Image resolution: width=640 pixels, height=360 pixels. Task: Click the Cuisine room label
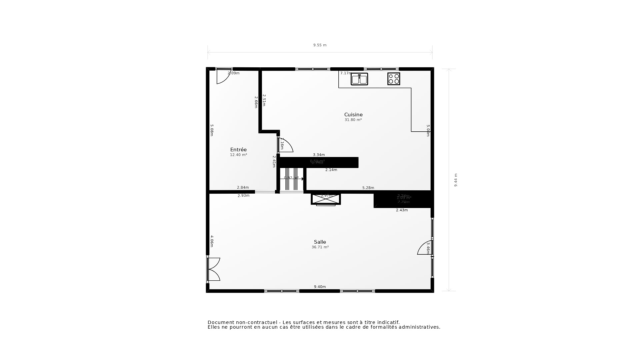[353, 115]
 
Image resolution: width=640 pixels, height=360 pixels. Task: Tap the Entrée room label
[238, 150]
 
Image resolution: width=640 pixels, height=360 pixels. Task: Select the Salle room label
[320, 242]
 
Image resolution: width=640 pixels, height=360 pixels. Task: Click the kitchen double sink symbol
[359, 79]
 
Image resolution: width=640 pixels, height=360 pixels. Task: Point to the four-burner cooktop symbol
[394, 79]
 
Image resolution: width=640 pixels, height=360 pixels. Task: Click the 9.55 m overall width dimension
[320, 45]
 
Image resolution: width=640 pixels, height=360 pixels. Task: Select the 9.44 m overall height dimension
[456, 180]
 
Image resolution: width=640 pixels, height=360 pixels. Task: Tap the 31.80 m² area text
[353, 120]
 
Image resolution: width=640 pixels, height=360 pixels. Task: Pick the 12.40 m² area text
[238, 155]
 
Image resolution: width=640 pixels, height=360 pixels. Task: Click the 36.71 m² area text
[320, 247]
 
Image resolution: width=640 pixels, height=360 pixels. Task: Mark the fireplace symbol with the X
[326, 199]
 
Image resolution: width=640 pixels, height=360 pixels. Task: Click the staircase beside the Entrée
[291, 179]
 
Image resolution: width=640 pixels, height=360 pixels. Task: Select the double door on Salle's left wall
[213, 269]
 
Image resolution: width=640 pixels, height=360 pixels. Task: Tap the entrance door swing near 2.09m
[223, 76]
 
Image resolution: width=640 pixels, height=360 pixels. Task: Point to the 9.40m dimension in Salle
[320, 287]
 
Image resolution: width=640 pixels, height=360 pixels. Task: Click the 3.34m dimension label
[319, 155]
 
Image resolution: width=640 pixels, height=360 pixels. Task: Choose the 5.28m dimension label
[368, 188]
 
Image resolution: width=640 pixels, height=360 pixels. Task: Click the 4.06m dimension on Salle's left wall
[212, 241]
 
